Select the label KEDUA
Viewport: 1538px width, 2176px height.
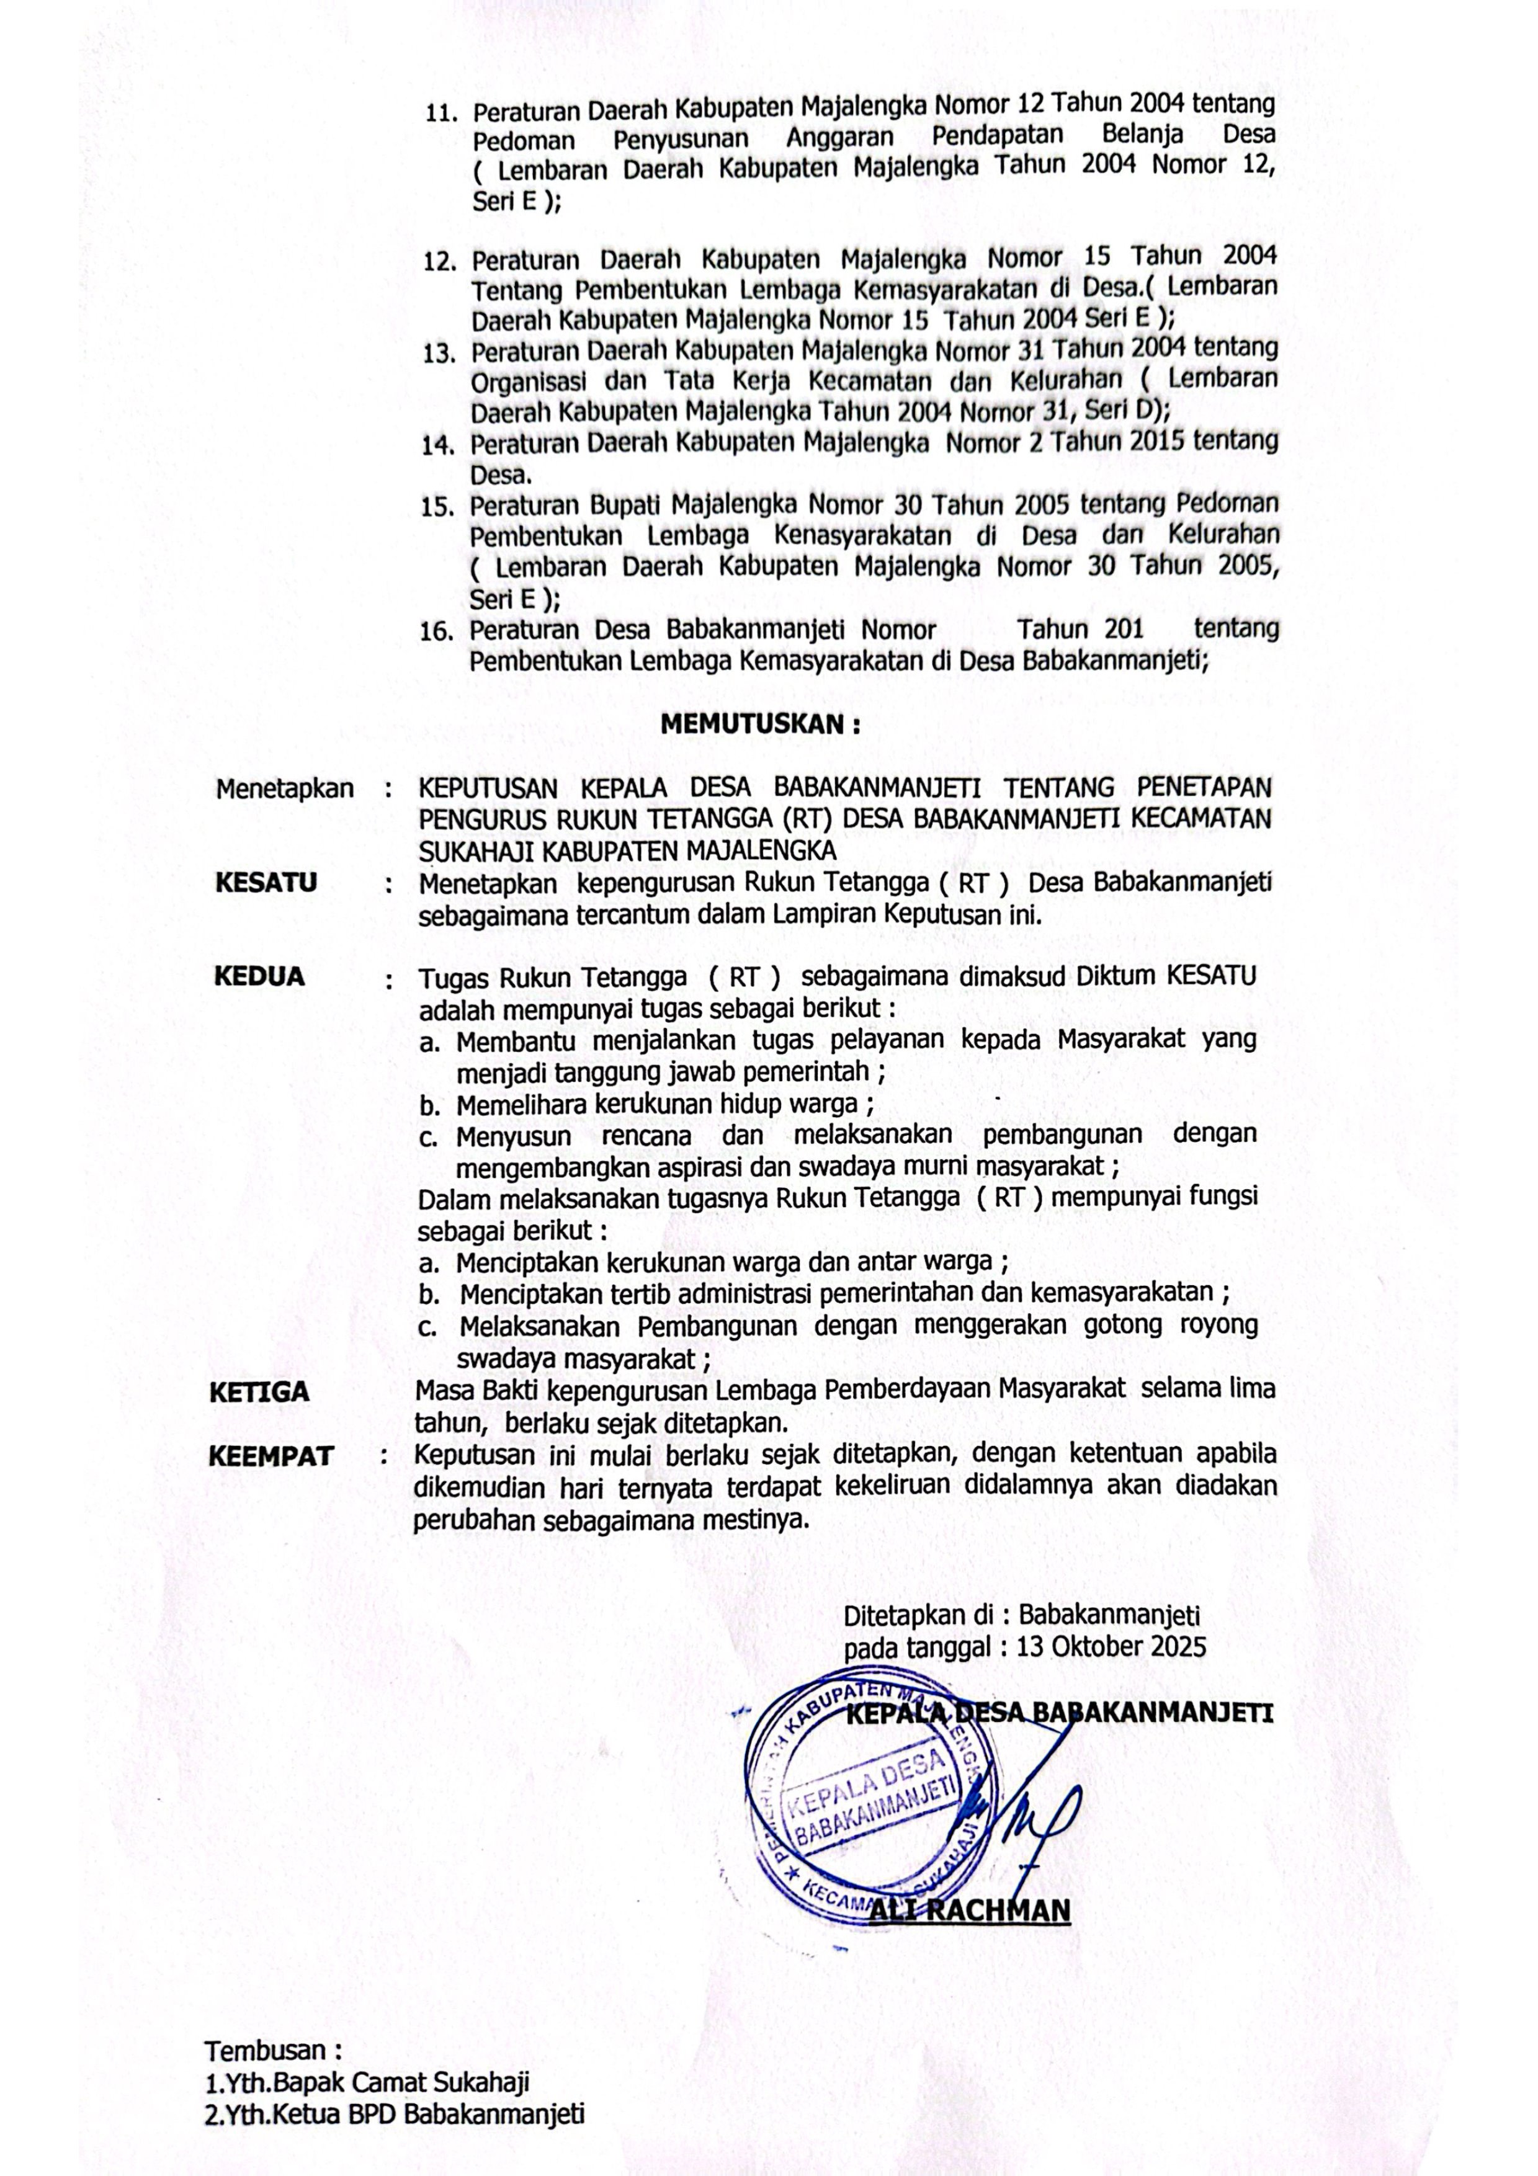tap(260, 976)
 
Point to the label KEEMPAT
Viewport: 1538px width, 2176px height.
tap(271, 1456)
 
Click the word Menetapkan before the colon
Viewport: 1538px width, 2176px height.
tap(284, 788)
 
